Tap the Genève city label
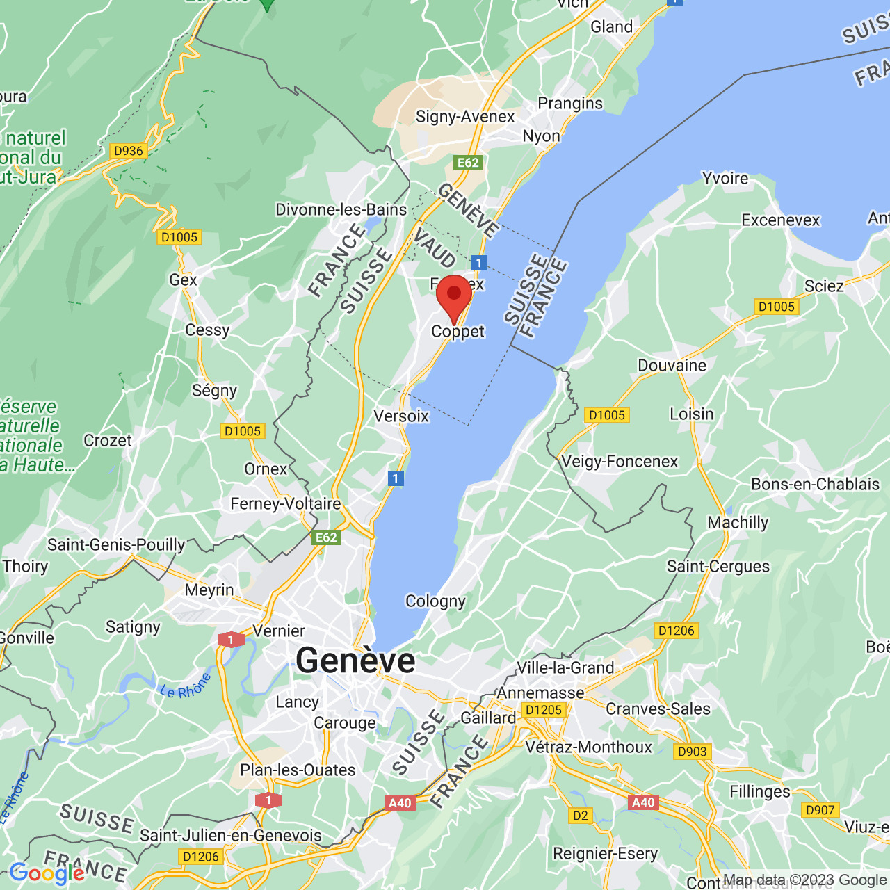(x=355, y=660)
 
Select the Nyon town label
(x=541, y=136)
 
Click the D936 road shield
(x=128, y=151)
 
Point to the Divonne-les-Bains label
(x=341, y=210)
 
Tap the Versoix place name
(x=401, y=416)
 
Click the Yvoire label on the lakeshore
(x=725, y=179)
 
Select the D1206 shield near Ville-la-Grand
(x=676, y=631)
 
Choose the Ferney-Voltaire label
(x=286, y=503)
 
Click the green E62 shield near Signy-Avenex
(x=468, y=163)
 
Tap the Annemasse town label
(x=540, y=693)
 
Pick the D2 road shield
(x=580, y=816)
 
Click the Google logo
(x=47, y=873)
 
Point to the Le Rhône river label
(x=185, y=687)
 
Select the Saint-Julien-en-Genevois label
(x=231, y=836)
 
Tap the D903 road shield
(x=692, y=752)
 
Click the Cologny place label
(x=435, y=601)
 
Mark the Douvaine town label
(x=672, y=366)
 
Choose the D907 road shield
(x=820, y=810)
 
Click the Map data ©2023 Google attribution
(x=804, y=880)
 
